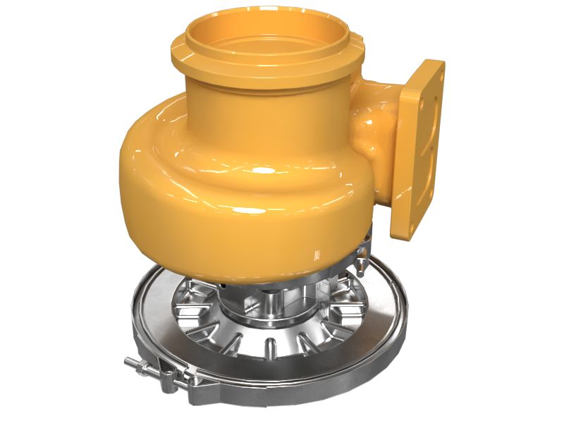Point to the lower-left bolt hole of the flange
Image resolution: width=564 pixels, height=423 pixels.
403,218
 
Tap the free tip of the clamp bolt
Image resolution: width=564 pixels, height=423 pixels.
129,362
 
